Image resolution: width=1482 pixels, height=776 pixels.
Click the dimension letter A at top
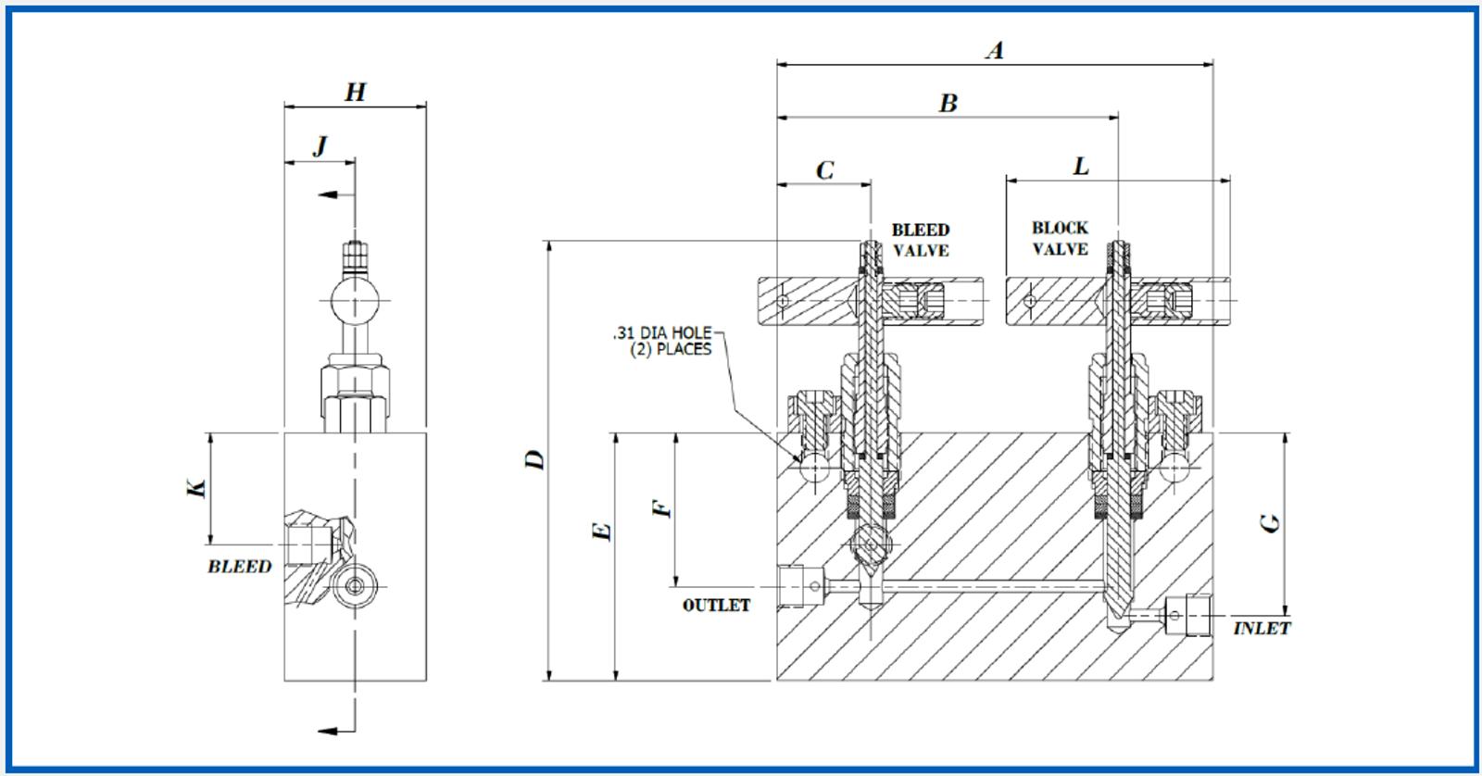tap(995, 49)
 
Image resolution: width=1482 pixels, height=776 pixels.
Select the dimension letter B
tap(948, 103)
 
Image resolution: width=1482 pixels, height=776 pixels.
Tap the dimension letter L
tap(1080, 167)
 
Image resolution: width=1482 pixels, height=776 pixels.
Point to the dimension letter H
tap(355, 92)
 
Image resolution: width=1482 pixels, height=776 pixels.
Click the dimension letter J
tap(320, 147)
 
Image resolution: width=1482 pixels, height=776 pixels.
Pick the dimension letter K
tap(196, 488)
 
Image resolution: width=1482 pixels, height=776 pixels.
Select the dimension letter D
tap(534, 460)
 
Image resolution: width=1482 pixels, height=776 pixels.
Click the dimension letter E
tap(601, 532)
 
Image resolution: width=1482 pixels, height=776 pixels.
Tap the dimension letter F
tap(660, 508)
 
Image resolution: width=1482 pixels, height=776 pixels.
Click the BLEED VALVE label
tap(920, 240)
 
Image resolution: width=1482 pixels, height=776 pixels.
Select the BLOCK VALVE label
tap(1060, 238)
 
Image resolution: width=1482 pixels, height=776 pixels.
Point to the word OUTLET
tap(716, 606)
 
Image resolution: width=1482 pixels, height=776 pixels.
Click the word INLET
tap(1262, 629)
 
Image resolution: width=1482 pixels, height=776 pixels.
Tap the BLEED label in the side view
tap(239, 567)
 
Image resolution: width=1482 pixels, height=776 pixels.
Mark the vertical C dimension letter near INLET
tap(1271, 522)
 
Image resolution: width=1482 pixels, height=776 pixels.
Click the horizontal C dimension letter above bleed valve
tap(824, 170)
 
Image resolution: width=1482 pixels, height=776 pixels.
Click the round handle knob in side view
tap(352, 303)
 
